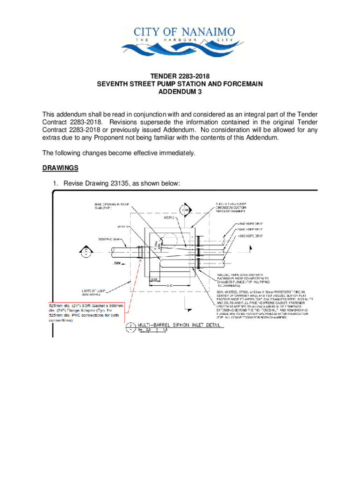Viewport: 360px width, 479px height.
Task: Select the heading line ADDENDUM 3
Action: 180,93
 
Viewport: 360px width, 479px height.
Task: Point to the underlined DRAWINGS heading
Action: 60,168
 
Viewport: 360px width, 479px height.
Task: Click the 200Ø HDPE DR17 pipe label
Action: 252,230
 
